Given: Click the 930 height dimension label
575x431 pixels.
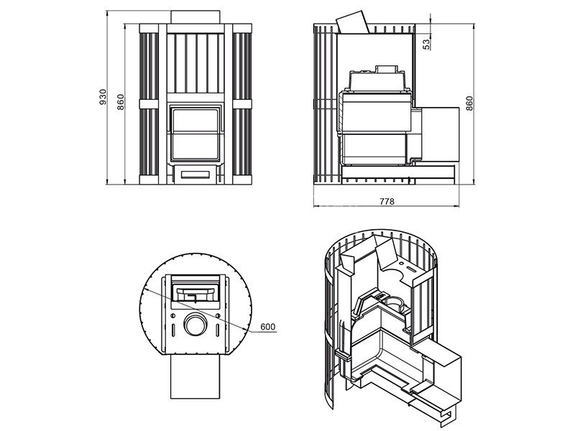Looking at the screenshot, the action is [103, 97].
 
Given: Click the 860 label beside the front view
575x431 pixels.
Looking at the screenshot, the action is [121, 102].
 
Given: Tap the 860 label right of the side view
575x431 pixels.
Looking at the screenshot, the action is [469, 103].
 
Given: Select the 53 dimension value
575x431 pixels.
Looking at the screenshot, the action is [426, 45].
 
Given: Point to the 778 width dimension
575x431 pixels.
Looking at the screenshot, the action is [387, 201].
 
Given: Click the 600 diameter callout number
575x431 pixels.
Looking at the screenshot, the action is [267, 327].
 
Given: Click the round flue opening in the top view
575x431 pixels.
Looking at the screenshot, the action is [195, 325].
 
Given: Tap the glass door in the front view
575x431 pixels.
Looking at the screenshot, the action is [195, 134].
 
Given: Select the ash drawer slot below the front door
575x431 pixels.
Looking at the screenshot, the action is [195, 174].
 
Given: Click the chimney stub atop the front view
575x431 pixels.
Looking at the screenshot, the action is [195, 17].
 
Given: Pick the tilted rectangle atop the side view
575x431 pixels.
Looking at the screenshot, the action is [353, 23].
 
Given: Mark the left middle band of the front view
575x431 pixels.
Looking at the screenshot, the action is [149, 104].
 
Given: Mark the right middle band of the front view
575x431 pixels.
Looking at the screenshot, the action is [242, 104].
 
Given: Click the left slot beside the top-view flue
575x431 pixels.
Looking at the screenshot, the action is [172, 329].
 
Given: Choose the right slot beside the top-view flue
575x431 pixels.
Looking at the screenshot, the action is [218, 329].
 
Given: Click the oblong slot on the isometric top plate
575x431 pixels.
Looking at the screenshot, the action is [411, 268].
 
